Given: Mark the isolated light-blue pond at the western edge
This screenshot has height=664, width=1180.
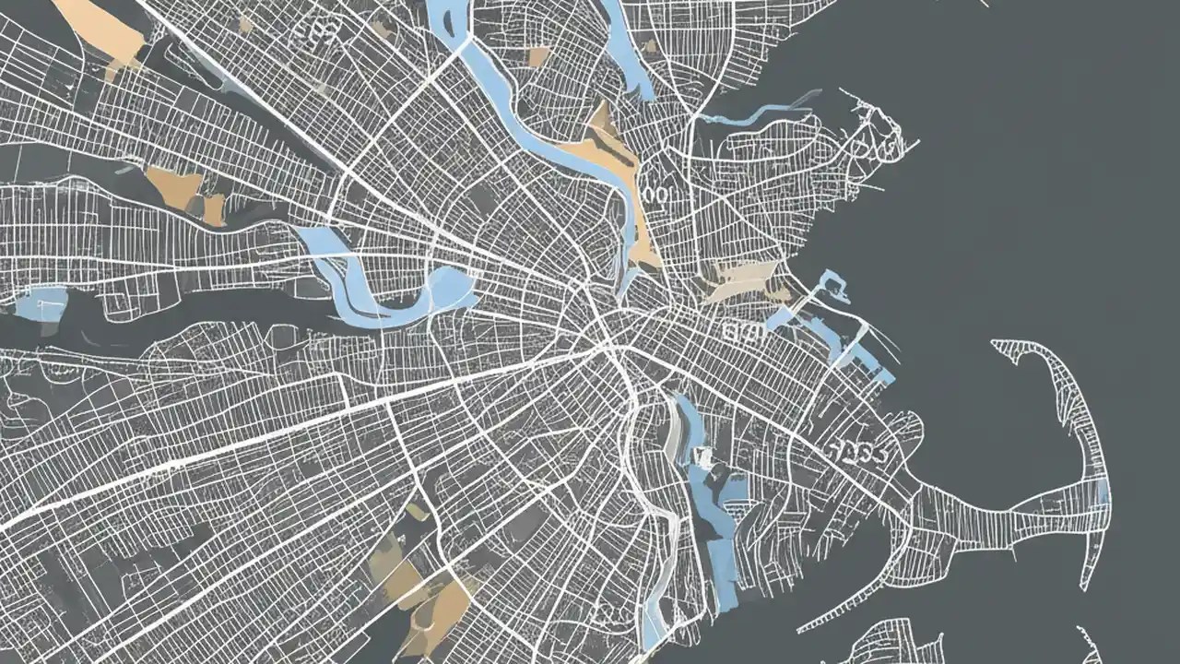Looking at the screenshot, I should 45,302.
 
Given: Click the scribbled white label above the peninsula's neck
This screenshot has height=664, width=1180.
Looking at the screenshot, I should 857,452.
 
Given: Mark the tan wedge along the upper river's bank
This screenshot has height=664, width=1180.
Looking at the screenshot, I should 608,148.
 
